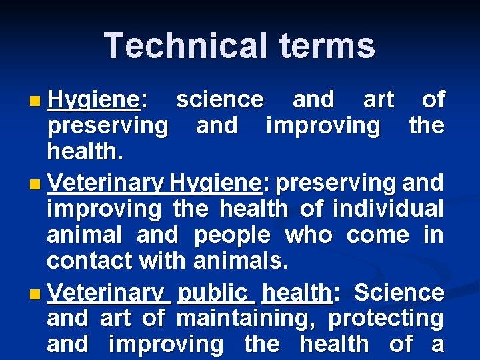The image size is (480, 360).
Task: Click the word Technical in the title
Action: (x=175, y=45)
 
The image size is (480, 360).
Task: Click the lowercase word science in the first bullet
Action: (x=219, y=100)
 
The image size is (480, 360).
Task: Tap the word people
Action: (x=232, y=235)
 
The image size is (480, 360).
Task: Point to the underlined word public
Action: (x=213, y=293)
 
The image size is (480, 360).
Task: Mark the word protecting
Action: (x=385, y=319)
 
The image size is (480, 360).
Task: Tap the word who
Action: (x=305, y=235)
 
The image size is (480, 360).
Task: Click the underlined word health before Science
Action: (x=297, y=293)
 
